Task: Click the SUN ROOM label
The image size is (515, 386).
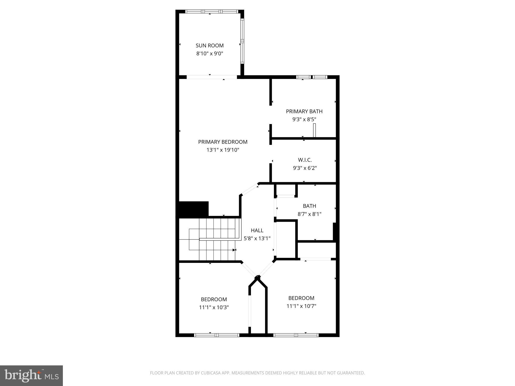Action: pos(209,45)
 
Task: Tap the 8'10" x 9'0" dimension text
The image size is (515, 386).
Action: pos(209,54)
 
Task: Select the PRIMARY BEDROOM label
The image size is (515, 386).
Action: pos(223,142)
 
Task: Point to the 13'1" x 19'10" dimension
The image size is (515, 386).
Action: pos(223,150)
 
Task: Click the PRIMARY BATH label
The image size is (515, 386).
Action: pos(304,111)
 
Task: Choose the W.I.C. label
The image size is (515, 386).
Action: pos(305,160)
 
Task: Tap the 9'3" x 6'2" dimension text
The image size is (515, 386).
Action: pos(305,168)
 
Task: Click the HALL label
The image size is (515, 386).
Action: pos(257,230)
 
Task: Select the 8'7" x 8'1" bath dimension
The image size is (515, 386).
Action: pos(309,214)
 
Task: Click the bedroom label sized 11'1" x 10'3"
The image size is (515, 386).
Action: pos(214,299)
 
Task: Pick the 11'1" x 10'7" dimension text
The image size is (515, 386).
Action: pos(301,306)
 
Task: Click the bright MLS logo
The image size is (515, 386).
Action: pos(31,375)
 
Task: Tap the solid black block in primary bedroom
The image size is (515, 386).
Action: pos(193,209)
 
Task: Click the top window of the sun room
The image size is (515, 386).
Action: pos(211,12)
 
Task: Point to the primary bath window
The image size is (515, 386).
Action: pos(311,77)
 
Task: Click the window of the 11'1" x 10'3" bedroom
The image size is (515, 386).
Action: pos(217,335)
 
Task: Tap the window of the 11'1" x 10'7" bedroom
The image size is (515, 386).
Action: pos(296,335)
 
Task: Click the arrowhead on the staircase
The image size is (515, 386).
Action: pos(234,250)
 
